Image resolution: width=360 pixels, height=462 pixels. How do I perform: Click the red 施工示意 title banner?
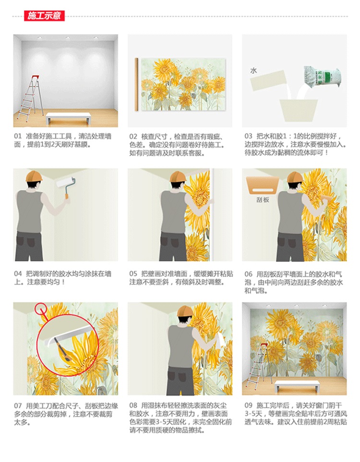tap(44, 16)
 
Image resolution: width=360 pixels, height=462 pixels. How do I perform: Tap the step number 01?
tap(18, 136)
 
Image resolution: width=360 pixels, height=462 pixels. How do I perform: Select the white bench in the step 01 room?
tap(68, 118)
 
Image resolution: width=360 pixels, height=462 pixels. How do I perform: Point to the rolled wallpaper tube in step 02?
tap(137, 84)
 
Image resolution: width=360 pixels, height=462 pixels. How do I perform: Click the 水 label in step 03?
tap(253, 71)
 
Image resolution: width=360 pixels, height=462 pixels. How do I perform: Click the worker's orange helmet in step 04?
tap(34, 176)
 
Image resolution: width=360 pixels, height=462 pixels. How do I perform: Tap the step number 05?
tap(133, 274)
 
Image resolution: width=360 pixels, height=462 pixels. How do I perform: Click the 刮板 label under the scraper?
tap(263, 200)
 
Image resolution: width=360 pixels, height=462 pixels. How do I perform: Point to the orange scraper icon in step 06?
tap(263, 185)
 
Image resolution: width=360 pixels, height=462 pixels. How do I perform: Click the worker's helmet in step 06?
tap(295, 177)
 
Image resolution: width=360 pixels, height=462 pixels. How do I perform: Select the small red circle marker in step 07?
tap(40, 309)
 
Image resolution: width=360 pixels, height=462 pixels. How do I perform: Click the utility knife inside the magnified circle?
tap(63, 350)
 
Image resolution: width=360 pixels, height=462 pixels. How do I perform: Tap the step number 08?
tap(133, 405)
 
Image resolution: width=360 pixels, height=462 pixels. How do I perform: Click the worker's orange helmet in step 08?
tap(186, 312)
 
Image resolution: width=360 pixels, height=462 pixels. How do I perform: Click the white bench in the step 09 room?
tap(297, 386)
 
